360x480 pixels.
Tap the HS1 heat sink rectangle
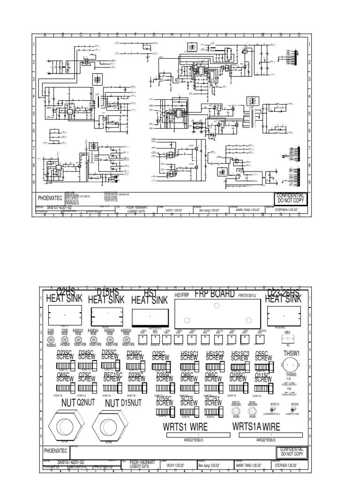[x=150, y=317]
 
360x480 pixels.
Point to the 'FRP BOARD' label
[x=214, y=294]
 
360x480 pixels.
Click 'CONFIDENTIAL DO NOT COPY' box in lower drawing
[x=291, y=452]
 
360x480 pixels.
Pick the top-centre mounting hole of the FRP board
[x=216, y=306]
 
